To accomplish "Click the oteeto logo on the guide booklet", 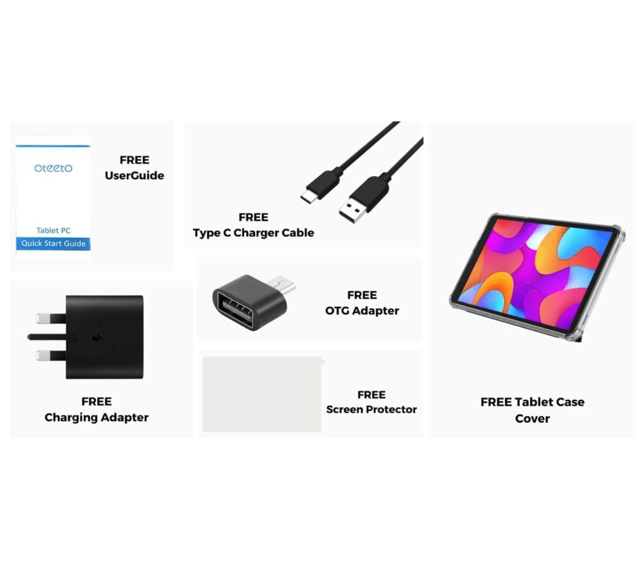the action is tap(53, 168).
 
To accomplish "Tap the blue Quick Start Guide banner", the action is tap(53, 243).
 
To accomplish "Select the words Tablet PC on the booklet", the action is tap(53, 230).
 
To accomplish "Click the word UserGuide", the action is tap(134, 175).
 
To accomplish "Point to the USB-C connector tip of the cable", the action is tap(307, 197).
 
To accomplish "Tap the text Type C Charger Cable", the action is tap(253, 233).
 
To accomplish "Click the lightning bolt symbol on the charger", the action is tap(98, 337).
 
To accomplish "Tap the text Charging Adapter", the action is tap(96, 417).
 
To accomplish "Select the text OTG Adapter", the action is tap(362, 311).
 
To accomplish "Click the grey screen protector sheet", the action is tap(262, 394).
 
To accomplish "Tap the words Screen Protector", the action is tap(371, 409).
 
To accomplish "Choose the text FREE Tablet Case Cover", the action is tap(532, 410).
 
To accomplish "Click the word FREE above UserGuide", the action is tap(134, 160).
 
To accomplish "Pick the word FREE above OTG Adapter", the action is tap(362, 295).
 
